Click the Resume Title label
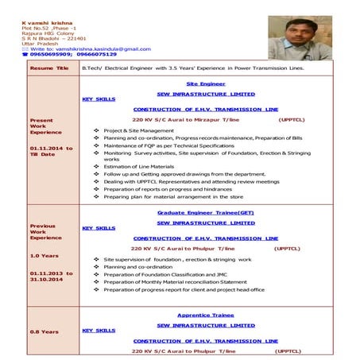tap(49, 68)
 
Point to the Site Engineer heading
tap(206, 83)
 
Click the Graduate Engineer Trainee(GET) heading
tap(206, 214)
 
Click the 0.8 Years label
tap(45, 331)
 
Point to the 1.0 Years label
tap(45, 256)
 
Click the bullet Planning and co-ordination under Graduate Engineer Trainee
tap(138, 267)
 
